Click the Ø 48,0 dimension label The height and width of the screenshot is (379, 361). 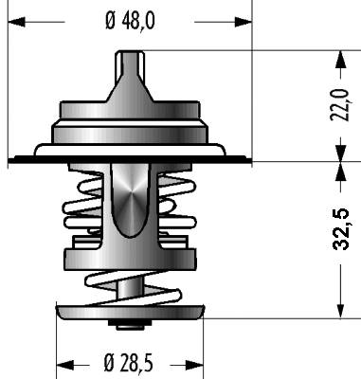pyautogui.click(x=130, y=22)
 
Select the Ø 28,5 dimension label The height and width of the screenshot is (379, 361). pyautogui.click(x=128, y=363)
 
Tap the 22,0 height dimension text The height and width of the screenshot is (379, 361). pyautogui.click(x=340, y=105)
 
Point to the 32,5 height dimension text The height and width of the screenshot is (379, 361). pyautogui.click(x=341, y=229)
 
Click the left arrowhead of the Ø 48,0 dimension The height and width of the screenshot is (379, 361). pyautogui.click(x=16, y=22)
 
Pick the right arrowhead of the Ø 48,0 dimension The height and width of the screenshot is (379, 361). pyautogui.click(x=244, y=22)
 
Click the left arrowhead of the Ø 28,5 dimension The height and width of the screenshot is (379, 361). pyautogui.click(x=65, y=366)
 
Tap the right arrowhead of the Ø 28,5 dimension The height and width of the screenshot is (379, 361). pyautogui.click(x=194, y=366)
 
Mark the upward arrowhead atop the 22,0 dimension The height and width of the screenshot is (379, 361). pyautogui.click(x=340, y=59)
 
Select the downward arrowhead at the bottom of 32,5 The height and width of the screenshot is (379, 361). pyautogui.click(x=340, y=310)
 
